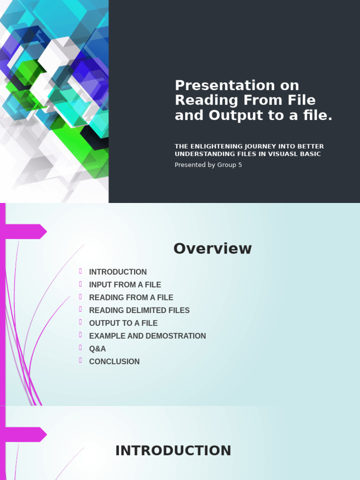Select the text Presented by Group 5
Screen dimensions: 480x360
[208, 165]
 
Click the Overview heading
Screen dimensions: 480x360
[212, 248]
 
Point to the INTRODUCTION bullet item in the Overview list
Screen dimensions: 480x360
[118, 272]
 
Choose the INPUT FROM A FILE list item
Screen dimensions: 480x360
[125, 285]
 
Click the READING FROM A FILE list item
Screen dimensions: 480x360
[131, 298]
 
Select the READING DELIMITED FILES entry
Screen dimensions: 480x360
[139, 310]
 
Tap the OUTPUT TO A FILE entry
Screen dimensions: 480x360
[123, 323]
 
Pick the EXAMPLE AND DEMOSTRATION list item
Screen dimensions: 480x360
[147, 336]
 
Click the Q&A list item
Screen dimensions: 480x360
[97, 349]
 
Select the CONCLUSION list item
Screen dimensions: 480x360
[114, 361]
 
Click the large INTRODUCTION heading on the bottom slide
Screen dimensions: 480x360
[173, 450]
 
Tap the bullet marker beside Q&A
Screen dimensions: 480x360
[81, 348]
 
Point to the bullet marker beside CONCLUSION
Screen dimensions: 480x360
[81, 360]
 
